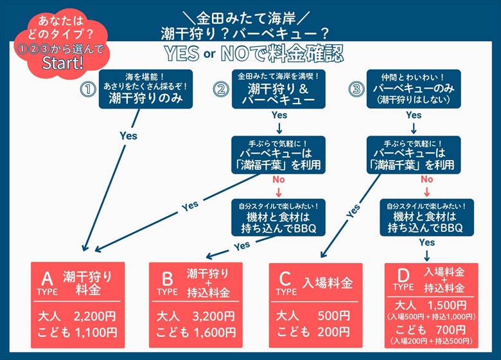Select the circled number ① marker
(88, 90)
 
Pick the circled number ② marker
(222, 90)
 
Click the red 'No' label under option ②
(279, 179)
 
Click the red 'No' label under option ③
(426, 179)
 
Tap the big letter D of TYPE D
(403, 276)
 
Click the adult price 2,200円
(94, 316)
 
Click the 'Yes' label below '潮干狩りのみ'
(128, 136)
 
